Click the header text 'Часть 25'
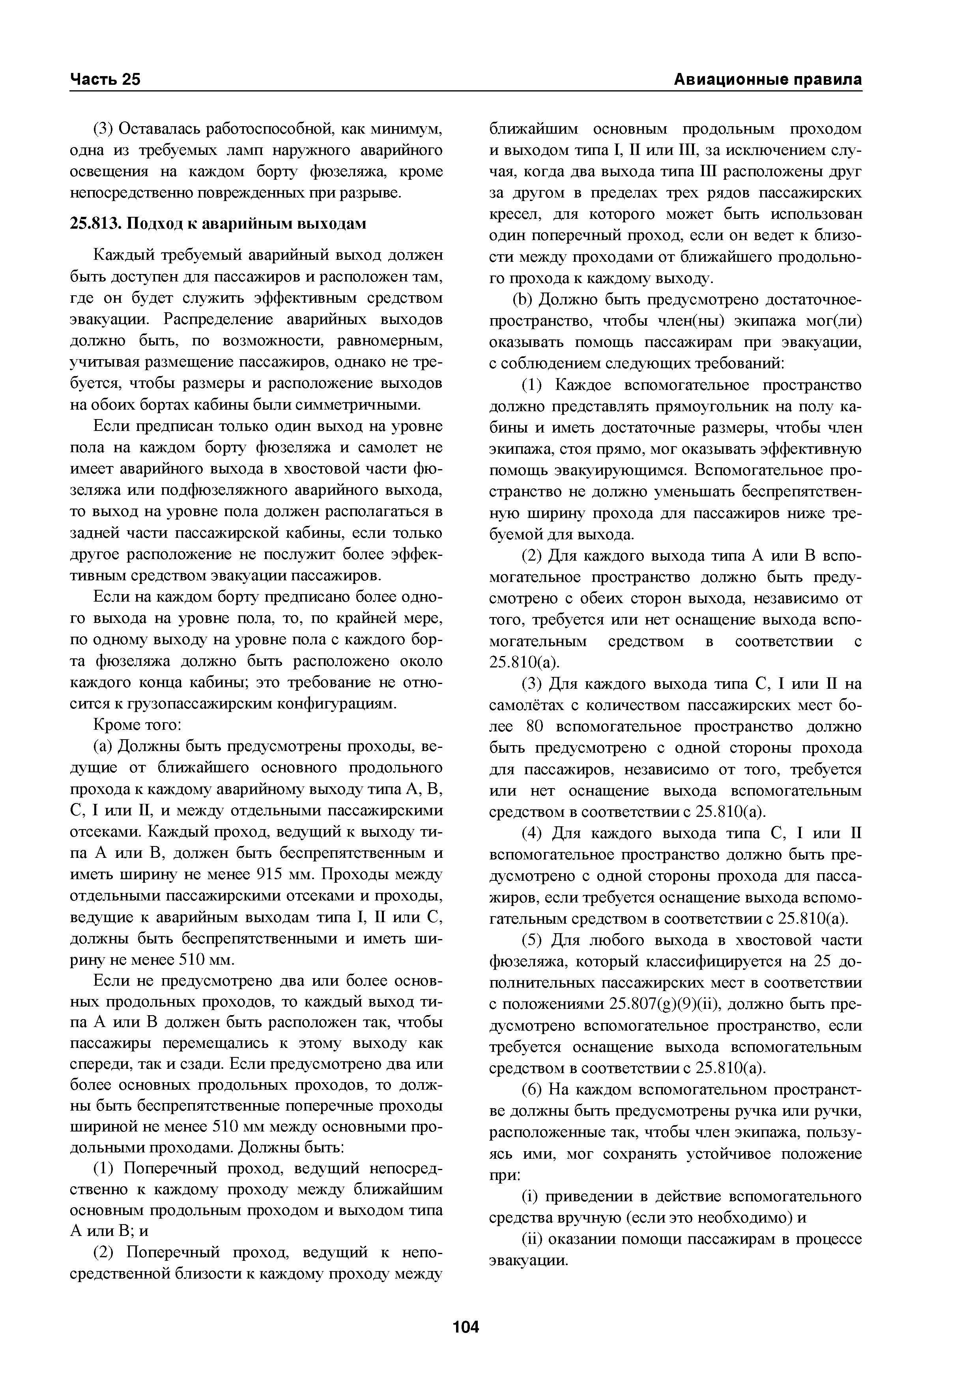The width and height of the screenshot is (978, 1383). click(x=105, y=80)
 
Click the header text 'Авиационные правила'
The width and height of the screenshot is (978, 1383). click(x=767, y=80)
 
